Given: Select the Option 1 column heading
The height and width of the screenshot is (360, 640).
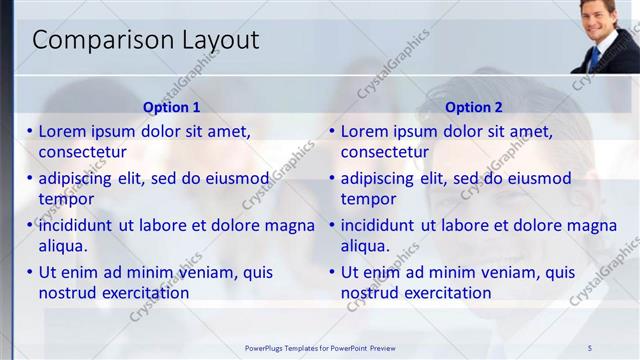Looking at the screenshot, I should [x=172, y=107].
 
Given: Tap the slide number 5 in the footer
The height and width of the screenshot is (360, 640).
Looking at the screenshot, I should [x=590, y=347].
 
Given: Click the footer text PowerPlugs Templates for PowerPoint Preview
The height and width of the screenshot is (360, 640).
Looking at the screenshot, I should [x=320, y=347].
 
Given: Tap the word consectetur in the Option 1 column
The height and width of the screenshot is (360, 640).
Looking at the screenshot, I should [x=82, y=152].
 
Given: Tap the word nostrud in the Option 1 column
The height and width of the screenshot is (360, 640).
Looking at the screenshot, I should [x=68, y=293].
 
